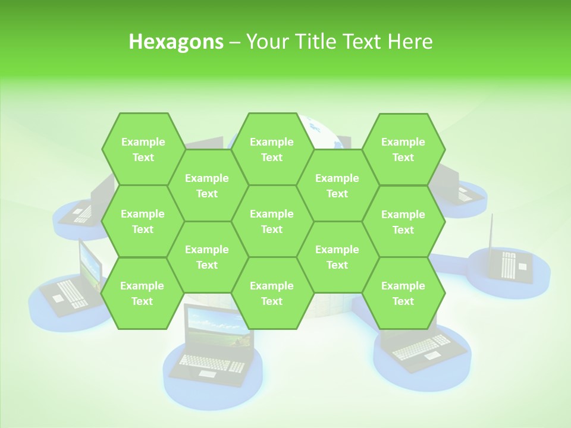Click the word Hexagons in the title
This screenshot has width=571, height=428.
(176, 42)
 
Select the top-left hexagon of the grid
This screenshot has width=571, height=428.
(143, 149)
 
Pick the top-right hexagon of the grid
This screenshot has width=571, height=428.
(403, 149)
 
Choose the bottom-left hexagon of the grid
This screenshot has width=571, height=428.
(142, 293)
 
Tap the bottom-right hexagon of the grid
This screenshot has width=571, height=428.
(403, 293)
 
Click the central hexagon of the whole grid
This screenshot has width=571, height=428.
(272, 221)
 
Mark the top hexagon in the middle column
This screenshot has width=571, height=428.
(272, 149)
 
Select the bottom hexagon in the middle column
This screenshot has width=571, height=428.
(272, 293)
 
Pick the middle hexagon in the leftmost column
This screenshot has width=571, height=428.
(143, 221)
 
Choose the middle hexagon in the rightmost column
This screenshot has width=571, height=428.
(403, 222)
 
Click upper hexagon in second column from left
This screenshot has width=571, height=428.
(207, 185)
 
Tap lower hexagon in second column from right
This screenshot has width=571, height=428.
(337, 257)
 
